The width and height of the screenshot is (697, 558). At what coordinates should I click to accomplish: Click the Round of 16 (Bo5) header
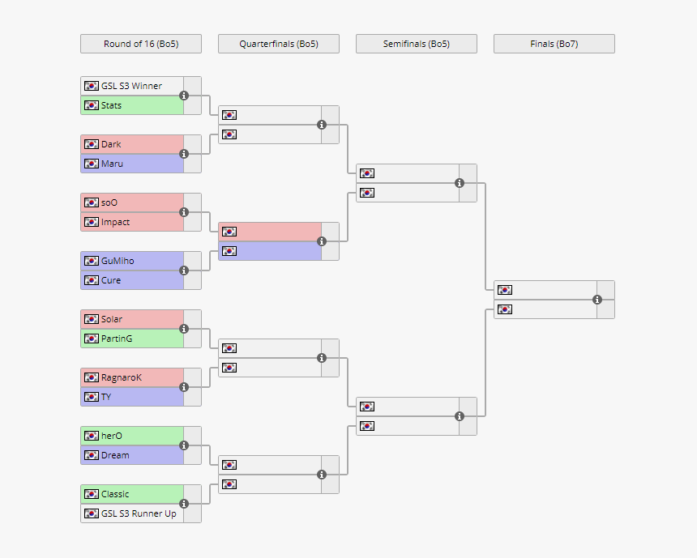pos(141,44)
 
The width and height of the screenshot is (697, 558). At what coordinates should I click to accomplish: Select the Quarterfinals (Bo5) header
pos(279,44)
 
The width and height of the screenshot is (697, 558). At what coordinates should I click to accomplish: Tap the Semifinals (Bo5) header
pos(417,44)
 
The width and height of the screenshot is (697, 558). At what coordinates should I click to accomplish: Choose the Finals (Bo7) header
pos(554,44)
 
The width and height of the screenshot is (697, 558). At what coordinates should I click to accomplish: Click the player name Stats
pos(111,105)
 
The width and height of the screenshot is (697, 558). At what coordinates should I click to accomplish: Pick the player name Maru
pos(112,164)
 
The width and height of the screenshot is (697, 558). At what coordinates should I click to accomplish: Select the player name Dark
pos(111,144)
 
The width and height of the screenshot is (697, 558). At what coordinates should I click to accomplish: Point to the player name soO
pos(109,202)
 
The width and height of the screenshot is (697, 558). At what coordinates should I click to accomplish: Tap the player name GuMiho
pos(118,261)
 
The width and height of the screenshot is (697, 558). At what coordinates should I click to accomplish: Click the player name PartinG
pos(117,339)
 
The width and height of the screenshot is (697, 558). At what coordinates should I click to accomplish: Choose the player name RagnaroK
pos(121,377)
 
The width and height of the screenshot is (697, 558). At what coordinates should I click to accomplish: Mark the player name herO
pos(111,436)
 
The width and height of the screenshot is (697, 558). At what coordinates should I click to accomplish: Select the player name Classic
pos(115,494)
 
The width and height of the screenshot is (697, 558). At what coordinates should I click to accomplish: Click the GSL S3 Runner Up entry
pos(138,513)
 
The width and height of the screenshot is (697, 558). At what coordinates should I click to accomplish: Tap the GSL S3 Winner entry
pos(131,86)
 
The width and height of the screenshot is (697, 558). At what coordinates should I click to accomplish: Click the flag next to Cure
pos(91,280)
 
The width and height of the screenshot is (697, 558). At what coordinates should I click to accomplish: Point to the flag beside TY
pos(91,397)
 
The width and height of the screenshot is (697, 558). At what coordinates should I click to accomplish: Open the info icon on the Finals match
pos(597,300)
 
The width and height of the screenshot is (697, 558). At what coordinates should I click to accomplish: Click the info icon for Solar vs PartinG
pos(184,329)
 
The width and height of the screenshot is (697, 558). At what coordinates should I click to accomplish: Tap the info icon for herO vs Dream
pos(184,445)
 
